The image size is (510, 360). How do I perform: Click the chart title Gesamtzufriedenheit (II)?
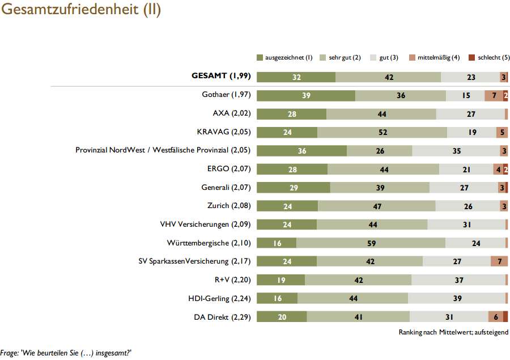click(x=80, y=11)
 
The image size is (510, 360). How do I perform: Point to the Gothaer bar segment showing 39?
click(x=306, y=95)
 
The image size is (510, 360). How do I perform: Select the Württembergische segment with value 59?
click(x=371, y=243)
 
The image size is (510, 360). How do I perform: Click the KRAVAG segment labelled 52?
click(x=382, y=132)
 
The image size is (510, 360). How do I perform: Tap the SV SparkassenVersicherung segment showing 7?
click(x=499, y=261)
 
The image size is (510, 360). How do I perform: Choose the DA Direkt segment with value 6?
click(x=495, y=317)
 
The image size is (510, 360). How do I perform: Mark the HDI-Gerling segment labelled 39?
click(x=457, y=298)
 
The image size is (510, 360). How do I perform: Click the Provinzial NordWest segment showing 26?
click(x=379, y=151)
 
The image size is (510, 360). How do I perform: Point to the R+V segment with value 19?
click(x=281, y=280)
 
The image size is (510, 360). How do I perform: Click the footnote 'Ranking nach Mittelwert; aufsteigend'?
click(x=453, y=332)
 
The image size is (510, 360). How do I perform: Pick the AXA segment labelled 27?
click(x=470, y=114)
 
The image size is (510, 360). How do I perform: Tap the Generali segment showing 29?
click(x=294, y=188)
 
